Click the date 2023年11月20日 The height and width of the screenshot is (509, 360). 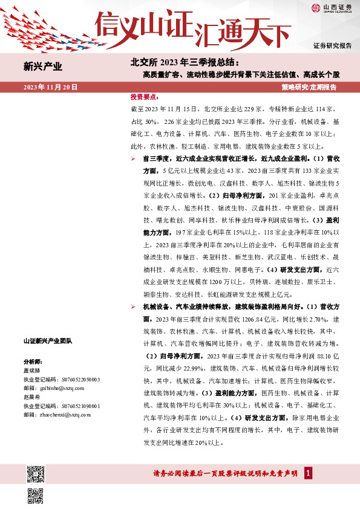(50, 88)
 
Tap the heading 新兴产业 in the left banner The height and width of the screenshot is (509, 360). (42, 66)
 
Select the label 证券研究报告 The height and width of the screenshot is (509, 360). (332, 46)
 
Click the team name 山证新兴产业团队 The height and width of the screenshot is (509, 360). (47, 342)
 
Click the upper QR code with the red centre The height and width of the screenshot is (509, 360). (36, 472)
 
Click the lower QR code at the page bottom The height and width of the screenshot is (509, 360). (36, 496)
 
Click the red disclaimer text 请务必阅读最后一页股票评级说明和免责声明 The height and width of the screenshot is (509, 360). (227, 473)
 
